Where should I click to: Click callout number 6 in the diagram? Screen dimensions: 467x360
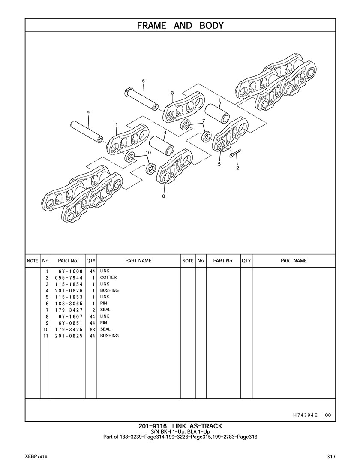click(x=143, y=81)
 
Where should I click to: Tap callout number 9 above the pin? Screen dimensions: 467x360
click(x=88, y=113)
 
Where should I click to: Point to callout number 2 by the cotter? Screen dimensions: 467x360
click(x=237, y=168)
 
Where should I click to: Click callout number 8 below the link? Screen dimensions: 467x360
click(x=163, y=196)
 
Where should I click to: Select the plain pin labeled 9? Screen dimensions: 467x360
click(x=87, y=131)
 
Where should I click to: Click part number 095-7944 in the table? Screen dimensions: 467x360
click(x=68, y=277)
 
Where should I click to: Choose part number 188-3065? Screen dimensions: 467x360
click(x=68, y=303)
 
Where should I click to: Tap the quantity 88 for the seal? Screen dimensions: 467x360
click(x=92, y=329)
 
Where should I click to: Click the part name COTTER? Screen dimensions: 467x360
click(x=108, y=277)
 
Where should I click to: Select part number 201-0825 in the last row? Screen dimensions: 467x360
click(x=68, y=336)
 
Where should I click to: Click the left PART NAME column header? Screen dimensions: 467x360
click(x=138, y=261)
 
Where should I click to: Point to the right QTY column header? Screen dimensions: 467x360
click(x=246, y=261)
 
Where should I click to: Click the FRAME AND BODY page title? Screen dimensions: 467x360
click(x=180, y=26)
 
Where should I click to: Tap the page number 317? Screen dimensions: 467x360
click(x=330, y=457)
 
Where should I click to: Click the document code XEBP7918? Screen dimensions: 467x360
click(x=36, y=457)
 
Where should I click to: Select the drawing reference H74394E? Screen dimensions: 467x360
click(x=305, y=415)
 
